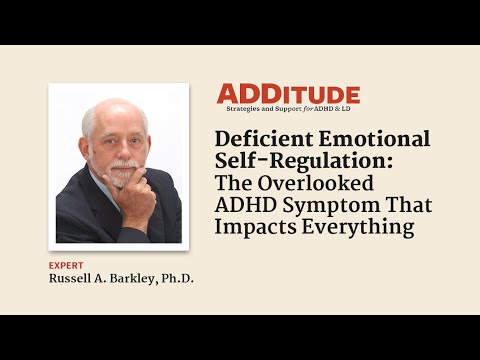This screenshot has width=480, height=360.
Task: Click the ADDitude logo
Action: [x=289, y=95]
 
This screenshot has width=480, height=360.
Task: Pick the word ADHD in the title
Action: [x=244, y=205]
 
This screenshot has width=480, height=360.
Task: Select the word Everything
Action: [x=359, y=227]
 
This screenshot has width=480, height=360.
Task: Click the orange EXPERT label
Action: [x=65, y=265]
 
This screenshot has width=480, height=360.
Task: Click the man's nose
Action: [x=117, y=150]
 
